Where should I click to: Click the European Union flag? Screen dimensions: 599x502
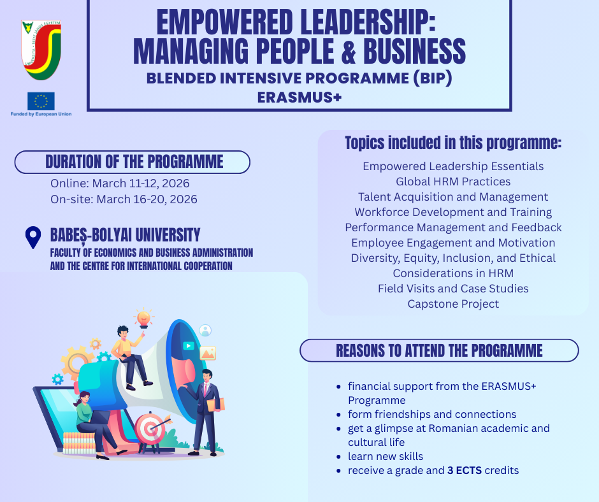click(x=41, y=101)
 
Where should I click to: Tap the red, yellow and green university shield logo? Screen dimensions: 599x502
click(x=41, y=50)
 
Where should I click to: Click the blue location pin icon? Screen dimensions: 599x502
click(x=33, y=237)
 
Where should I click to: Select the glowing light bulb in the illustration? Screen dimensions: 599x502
click(x=143, y=319)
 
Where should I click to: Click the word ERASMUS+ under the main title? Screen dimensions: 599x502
click(x=299, y=97)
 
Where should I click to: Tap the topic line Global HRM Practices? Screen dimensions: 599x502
click(x=453, y=182)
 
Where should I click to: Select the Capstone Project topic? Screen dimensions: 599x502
click(x=453, y=304)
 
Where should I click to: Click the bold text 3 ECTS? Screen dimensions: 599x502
click(x=465, y=470)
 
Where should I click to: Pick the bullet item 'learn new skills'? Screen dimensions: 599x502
click(x=386, y=456)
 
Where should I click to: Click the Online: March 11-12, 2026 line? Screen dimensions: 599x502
click(x=120, y=183)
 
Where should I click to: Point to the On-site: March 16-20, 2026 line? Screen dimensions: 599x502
click(x=124, y=199)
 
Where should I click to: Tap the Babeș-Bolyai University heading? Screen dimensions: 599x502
click(x=126, y=235)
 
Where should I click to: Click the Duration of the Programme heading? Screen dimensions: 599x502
click(x=134, y=162)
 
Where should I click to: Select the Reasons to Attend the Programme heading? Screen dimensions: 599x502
click(x=439, y=350)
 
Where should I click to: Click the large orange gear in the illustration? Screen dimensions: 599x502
click(x=76, y=361)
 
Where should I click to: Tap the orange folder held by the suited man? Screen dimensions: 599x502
click(x=216, y=405)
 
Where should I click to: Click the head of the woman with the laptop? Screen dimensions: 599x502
click(x=83, y=398)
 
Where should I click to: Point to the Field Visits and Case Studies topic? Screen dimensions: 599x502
click(x=453, y=289)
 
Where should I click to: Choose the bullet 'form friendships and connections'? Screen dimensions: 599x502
click(x=432, y=414)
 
